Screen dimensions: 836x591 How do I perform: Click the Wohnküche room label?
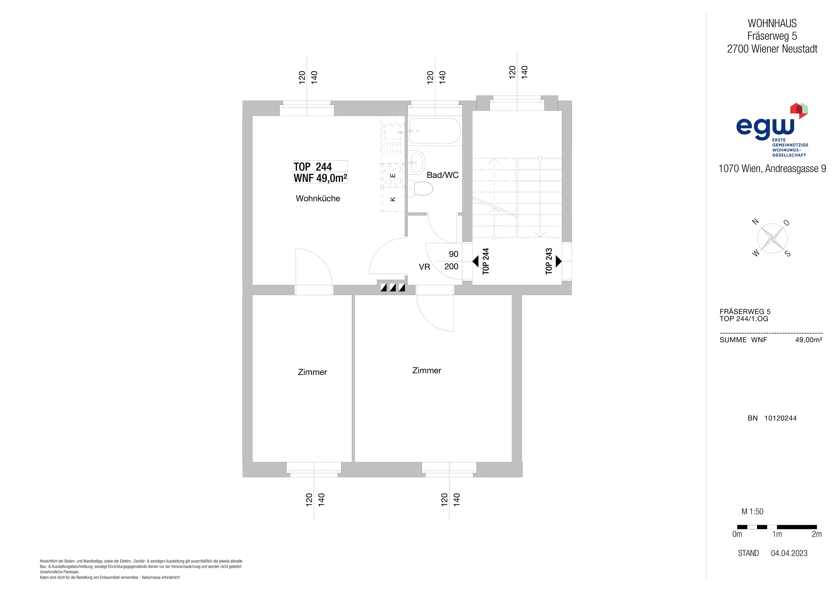coord(318,198)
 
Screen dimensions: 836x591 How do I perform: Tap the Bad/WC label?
coord(442,175)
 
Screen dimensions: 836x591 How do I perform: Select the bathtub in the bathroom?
coord(434,131)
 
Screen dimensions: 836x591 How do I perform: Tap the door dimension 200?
coord(451,266)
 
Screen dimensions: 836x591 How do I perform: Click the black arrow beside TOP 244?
coord(475,261)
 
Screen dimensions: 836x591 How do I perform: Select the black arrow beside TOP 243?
coord(559,261)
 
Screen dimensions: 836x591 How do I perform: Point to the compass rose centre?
coord(772,239)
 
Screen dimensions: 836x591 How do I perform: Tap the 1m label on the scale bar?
coord(777,534)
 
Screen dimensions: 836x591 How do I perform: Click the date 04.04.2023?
coord(789,553)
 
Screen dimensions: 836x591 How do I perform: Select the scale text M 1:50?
coord(752,511)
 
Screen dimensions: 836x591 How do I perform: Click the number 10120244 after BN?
coord(780,418)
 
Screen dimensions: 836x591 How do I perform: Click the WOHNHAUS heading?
coord(772,23)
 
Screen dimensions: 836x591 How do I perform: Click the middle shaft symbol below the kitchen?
coord(392,288)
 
